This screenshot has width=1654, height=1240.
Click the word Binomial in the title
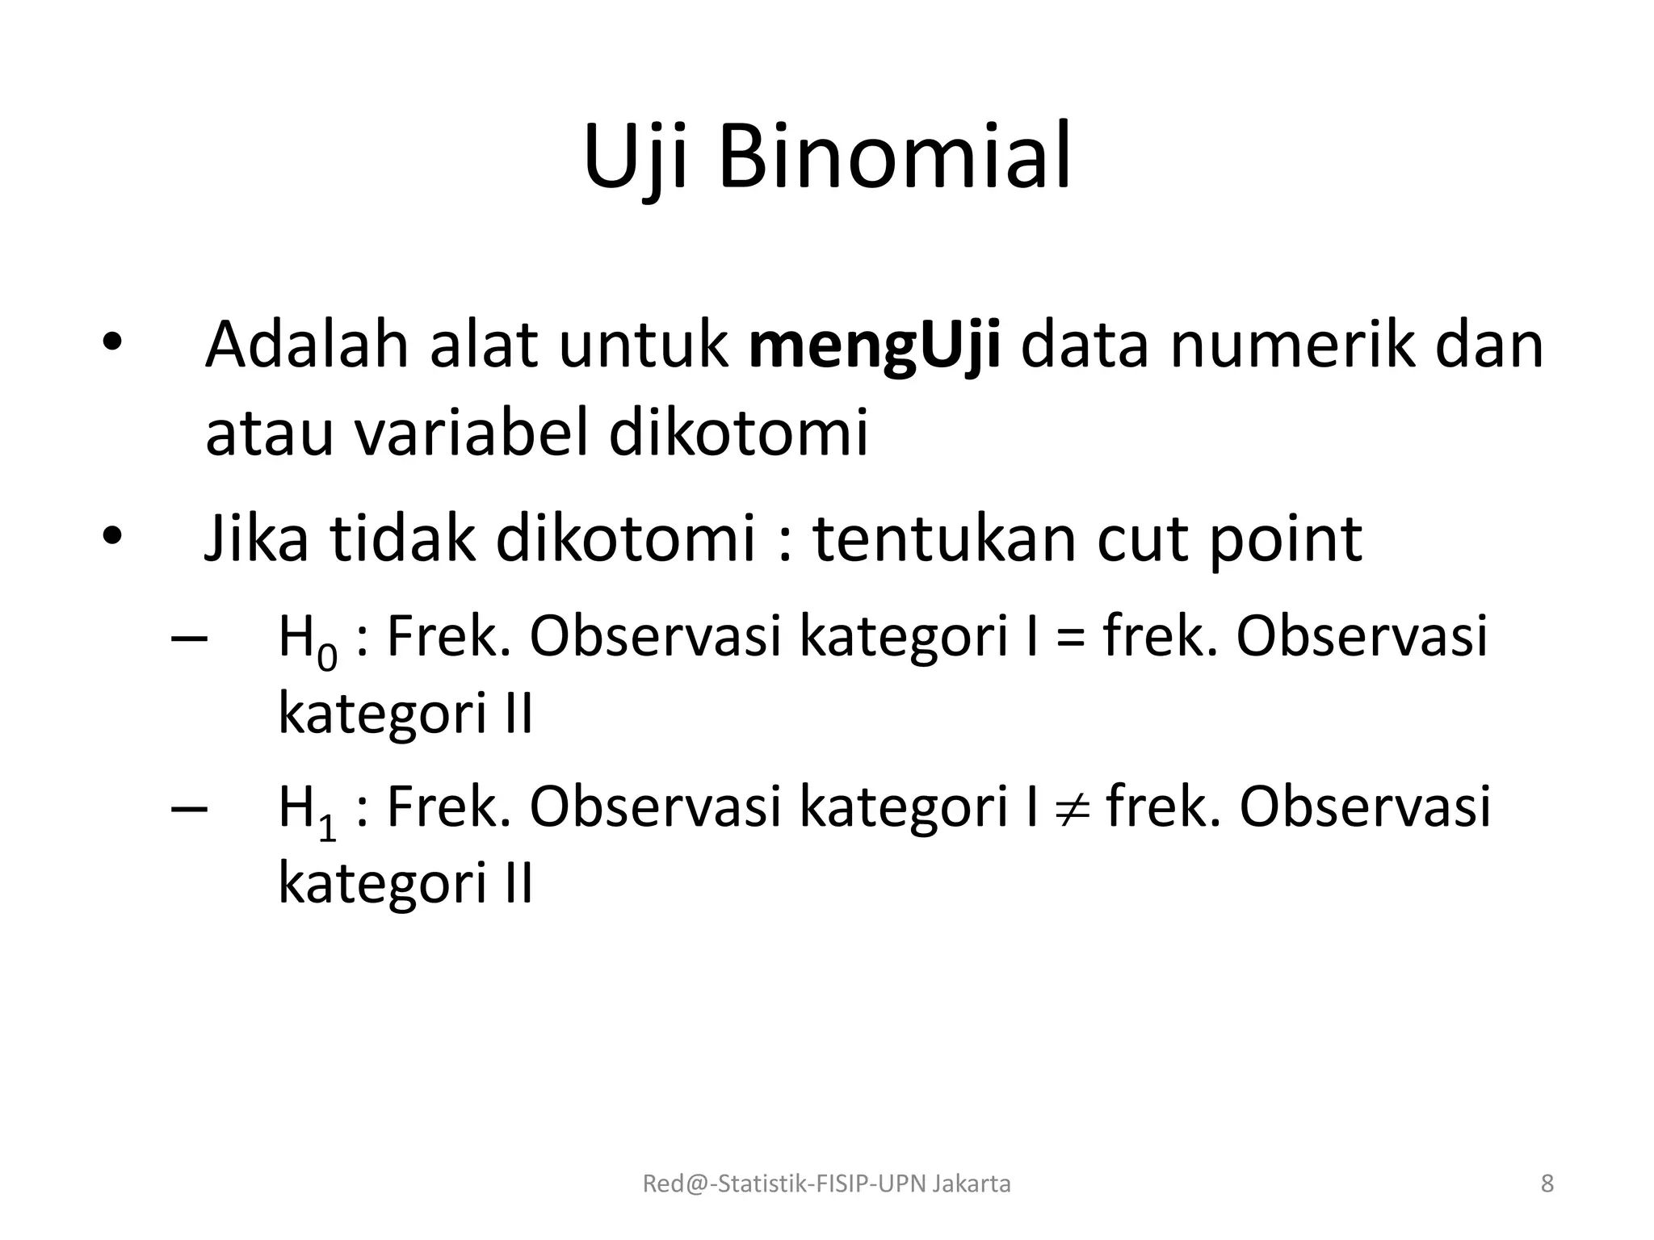[895, 157]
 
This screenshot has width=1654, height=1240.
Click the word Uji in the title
[636, 157]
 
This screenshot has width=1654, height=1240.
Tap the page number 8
[1547, 1184]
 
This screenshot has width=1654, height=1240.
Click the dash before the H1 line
[189, 808]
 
